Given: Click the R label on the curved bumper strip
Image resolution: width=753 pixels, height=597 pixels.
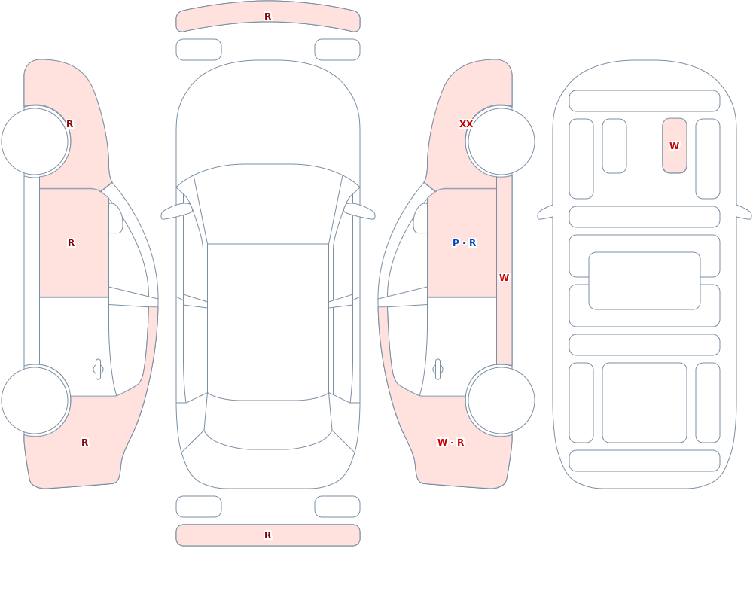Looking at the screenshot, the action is tap(268, 17).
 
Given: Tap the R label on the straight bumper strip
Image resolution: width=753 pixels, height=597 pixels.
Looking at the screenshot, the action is tap(268, 535).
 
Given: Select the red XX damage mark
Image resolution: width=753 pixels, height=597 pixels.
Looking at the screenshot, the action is tap(466, 124).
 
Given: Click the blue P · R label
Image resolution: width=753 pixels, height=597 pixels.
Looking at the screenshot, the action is tap(465, 242).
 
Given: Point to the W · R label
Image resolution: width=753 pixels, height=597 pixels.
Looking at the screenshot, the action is tap(451, 443).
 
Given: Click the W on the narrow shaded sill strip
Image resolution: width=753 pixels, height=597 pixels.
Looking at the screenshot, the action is tap(504, 278).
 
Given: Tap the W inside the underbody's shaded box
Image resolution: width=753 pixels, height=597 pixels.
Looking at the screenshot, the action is tap(674, 145).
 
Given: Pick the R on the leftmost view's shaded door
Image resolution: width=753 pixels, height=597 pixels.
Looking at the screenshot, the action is tap(71, 243).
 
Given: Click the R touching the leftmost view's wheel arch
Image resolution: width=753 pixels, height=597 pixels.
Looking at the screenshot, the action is tap(69, 124).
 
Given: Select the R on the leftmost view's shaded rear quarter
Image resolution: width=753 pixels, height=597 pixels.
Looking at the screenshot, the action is tap(84, 443).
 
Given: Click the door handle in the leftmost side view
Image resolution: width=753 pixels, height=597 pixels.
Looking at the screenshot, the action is tap(98, 370).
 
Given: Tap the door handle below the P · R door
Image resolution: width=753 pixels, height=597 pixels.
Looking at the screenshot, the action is tap(437, 370).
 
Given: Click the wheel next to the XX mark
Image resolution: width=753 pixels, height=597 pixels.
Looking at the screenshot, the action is tap(501, 142).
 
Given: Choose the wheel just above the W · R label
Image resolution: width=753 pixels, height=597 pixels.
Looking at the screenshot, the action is tap(501, 400).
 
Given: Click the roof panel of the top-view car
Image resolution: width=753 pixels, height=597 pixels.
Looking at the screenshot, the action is tap(268, 321).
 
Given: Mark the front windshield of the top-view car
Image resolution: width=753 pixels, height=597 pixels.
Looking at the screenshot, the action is tap(268, 203).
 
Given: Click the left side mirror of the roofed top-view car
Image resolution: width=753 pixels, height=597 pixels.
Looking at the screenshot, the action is tap(176, 211).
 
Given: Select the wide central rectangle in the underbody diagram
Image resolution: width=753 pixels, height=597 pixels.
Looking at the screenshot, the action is tap(645, 281).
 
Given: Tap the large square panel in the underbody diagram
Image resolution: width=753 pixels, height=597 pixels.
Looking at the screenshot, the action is tap(645, 403).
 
